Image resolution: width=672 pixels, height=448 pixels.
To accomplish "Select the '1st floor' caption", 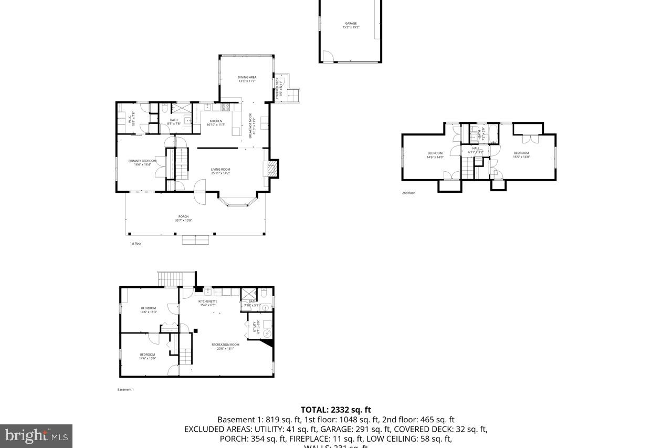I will pos(135,244).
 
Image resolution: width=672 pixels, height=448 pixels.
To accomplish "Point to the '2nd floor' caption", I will pos(408,193).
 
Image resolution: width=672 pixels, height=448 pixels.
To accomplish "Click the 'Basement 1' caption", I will pos(125,390).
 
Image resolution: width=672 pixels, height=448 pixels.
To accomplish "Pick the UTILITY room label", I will pos(256,327).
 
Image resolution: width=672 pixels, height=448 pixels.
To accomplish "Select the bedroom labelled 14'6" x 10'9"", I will pos(148,356).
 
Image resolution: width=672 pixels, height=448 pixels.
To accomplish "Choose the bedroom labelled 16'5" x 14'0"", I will pos(521,154).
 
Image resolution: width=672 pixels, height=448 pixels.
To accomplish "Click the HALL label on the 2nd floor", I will pos(476,150).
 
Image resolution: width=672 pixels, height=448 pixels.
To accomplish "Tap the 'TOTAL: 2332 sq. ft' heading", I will pos(335,410).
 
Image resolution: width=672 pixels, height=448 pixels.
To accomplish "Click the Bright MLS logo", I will pos(36,435).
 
